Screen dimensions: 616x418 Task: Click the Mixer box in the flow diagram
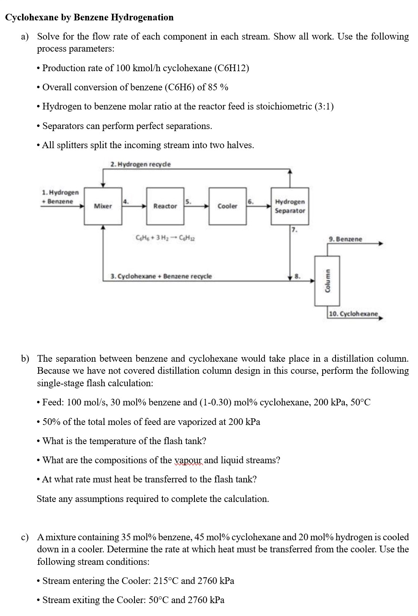coord(103,206)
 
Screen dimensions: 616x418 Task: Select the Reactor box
coord(165,206)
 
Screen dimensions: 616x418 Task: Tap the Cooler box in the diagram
coord(227,206)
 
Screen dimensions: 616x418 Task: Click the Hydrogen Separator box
coord(290,206)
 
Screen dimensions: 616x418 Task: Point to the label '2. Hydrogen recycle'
coord(141,164)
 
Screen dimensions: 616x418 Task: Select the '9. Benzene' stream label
coord(345,239)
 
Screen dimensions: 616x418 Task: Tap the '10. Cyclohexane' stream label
coord(353,314)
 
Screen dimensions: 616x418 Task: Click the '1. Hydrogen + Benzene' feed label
coord(60,197)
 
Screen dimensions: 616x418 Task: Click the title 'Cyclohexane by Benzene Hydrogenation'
coord(89,17)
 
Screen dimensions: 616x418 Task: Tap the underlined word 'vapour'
coord(188,460)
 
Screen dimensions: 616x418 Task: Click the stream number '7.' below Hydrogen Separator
coord(294,229)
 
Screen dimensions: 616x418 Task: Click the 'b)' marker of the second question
coord(26,359)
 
